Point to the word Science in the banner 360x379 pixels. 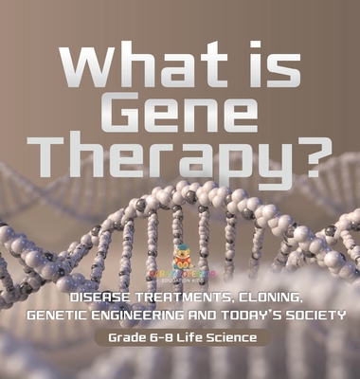(x=233, y=312)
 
